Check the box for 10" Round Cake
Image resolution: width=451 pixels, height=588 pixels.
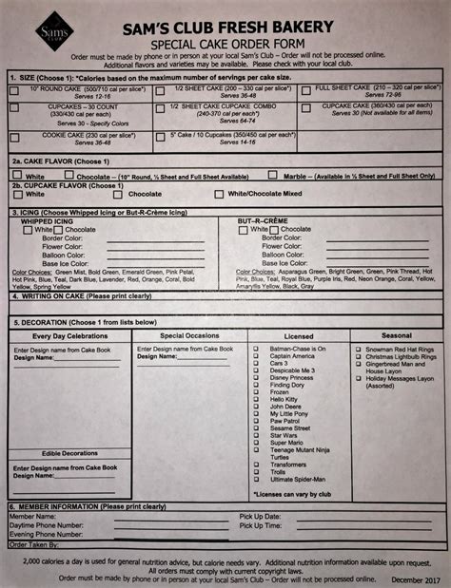click(x=14, y=90)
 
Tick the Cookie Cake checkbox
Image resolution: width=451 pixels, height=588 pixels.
click(x=14, y=134)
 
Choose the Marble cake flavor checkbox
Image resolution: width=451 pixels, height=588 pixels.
click(x=271, y=176)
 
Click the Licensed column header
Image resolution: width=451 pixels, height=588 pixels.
click(x=298, y=335)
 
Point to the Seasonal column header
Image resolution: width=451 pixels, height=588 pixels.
click(x=396, y=335)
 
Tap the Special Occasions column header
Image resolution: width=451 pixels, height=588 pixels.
click(x=188, y=335)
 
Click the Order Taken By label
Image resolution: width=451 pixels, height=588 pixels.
click(x=36, y=544)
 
